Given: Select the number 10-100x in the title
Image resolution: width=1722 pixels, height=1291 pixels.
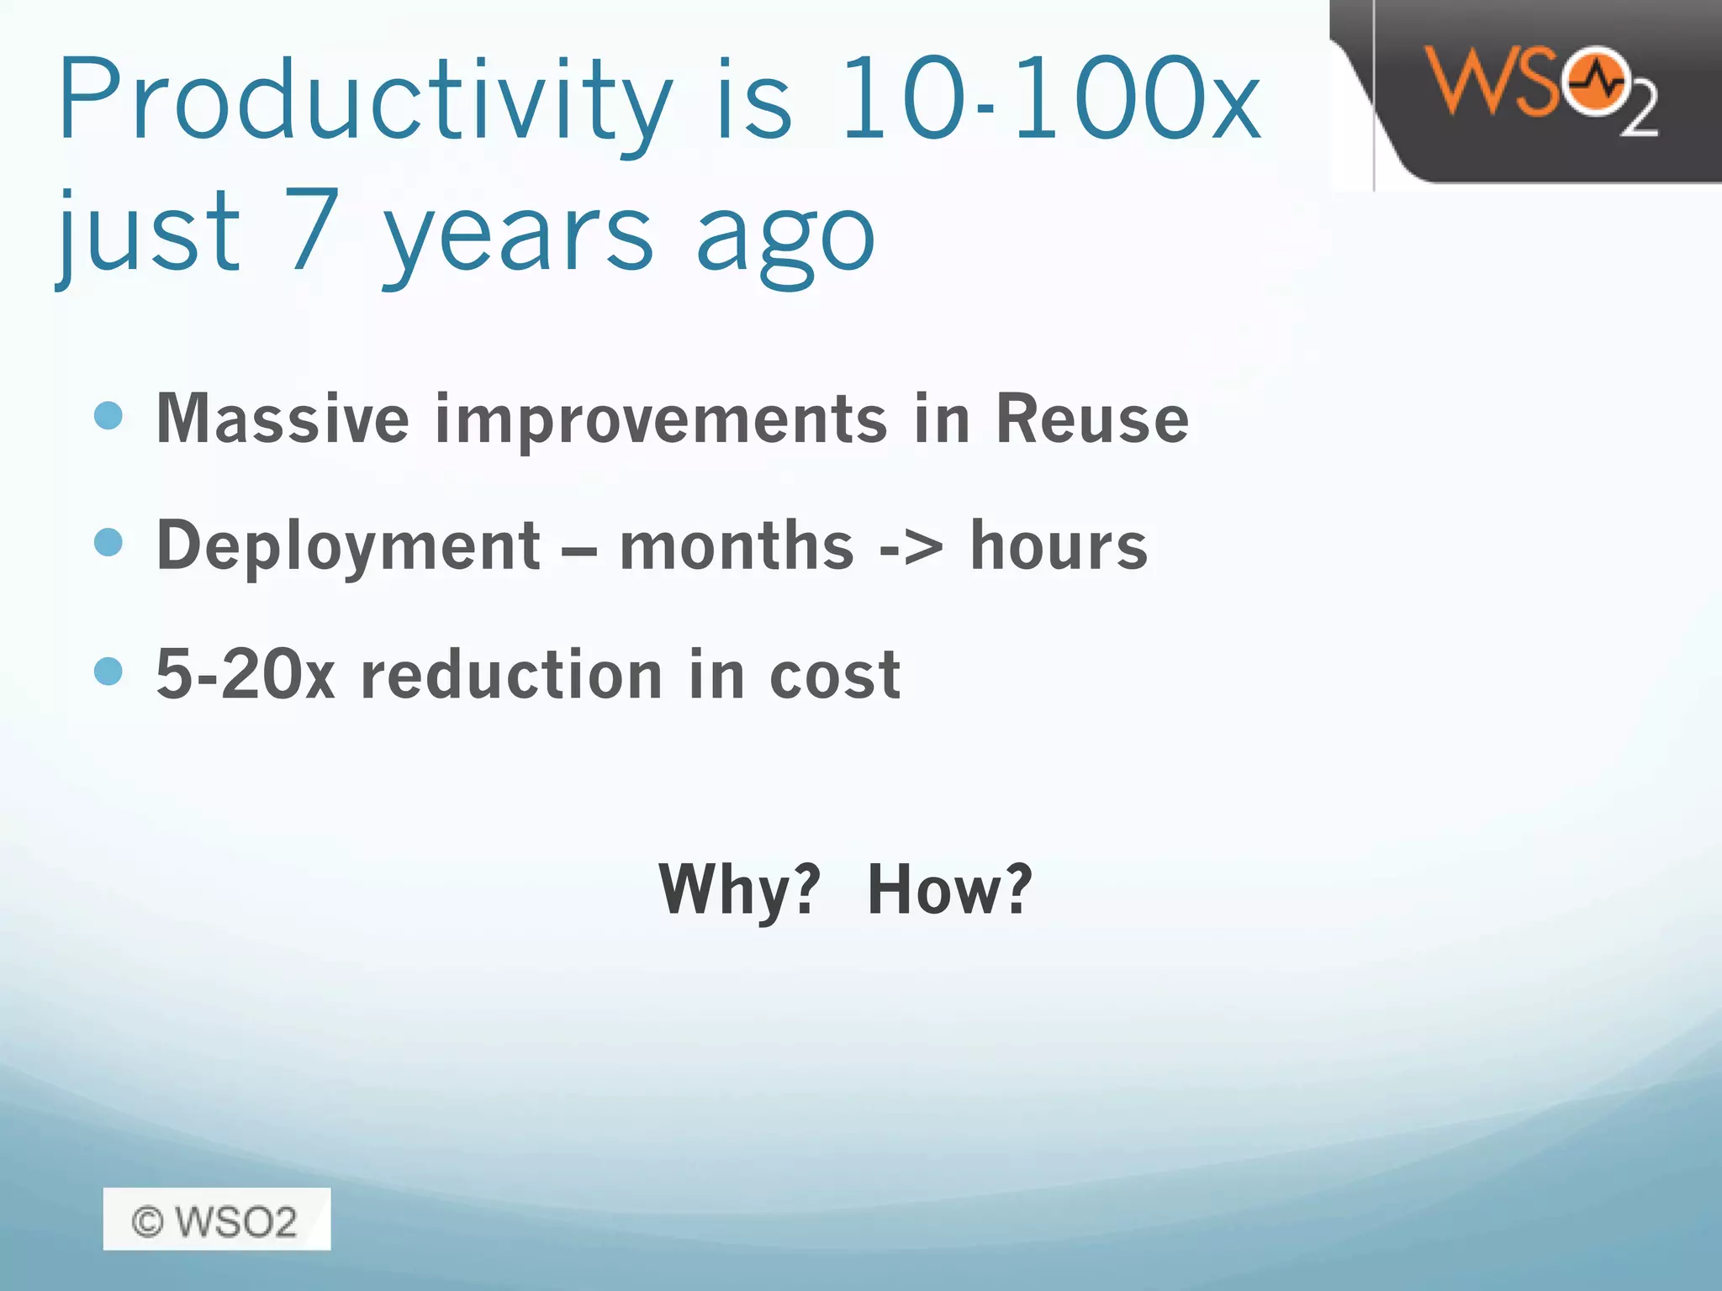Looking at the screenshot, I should click(1051, 99).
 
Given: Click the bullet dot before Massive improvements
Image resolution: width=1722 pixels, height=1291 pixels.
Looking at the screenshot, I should click(109, 415).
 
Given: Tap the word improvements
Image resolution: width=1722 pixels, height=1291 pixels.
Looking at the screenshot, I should click(661, 420).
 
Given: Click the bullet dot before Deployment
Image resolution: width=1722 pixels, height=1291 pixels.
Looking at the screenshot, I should click(109, 542).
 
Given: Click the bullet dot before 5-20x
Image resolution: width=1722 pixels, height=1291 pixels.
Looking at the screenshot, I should click(109, 671).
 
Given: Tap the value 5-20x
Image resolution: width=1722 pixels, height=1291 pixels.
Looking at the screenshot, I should click(246, 674).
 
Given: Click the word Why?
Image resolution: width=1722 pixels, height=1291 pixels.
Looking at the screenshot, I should click(739, 889).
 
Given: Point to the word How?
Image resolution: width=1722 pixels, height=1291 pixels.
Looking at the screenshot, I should click(949, 889).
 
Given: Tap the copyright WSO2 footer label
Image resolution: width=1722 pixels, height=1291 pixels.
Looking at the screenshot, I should click(216, 1220).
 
